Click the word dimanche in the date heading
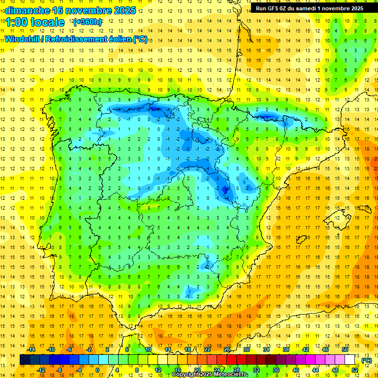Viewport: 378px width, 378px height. point(27,10)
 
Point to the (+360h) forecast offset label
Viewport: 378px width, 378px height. point(88,22)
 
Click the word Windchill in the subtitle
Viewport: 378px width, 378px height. point(23,39)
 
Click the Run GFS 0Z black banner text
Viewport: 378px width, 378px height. point(310,8)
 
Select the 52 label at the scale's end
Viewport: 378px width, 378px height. point(355,370)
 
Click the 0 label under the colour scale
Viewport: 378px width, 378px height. point(97,370)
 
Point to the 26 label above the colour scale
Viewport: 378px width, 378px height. point(227,349)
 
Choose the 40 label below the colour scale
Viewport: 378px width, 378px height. point(296,370)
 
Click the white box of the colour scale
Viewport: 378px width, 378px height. point(349,360)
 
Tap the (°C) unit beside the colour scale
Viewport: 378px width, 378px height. point(366,360)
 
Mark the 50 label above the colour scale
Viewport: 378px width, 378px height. point(345,349)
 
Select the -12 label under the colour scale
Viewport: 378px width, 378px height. point(41,370)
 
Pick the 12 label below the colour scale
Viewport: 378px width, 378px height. point(158,370)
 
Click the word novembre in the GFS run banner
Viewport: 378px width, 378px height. point(335,8)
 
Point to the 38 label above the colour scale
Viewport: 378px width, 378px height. point(286,349)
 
